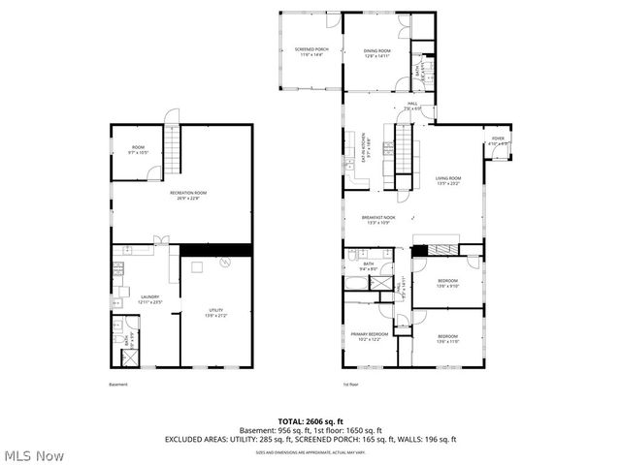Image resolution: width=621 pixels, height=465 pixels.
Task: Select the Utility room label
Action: point(215,312)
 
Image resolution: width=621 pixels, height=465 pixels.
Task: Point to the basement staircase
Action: point(173,146)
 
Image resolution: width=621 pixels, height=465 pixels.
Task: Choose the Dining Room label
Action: point(376,52)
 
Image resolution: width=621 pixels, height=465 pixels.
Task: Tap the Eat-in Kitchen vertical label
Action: point(365,147)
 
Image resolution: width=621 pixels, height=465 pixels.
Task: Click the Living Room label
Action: point(447,180)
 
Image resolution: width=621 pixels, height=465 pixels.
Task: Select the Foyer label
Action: point(498,141)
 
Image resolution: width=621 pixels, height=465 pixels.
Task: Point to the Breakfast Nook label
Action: point(378,220)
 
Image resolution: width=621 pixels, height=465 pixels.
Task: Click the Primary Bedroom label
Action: point(369,336)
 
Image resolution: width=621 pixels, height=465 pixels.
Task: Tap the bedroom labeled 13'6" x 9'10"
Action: point(447,283)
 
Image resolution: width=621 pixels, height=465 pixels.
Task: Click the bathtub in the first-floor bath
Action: point(356,284)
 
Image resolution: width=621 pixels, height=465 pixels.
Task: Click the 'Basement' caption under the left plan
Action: point(118,385)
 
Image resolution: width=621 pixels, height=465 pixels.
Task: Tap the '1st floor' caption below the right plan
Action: point(351,385)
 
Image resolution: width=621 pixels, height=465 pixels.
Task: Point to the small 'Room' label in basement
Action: point(138,149)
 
